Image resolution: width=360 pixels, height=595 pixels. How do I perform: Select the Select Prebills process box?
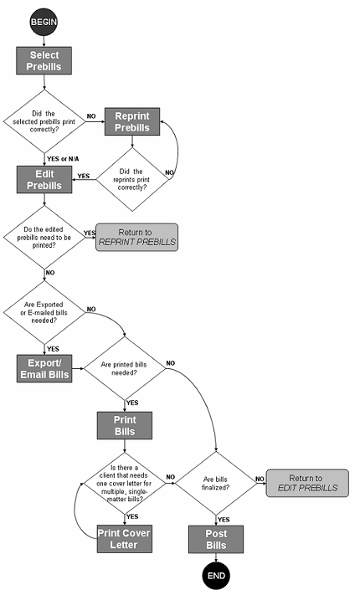pyautogui.click(x=44, y=60)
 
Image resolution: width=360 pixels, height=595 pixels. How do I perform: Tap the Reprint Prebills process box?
pyautogui.click(x=131, y=122)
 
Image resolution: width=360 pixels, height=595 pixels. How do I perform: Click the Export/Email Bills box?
pyautogui.click(x=44, y=367)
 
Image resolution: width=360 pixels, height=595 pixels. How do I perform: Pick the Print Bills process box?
pyautogui.click(x=124, y=424)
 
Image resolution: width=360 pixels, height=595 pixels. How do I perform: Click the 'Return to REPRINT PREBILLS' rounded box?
pyautogui.click(x=136, y=237)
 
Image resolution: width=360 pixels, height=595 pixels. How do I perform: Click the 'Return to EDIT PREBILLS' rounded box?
pyautogui.click(x=307, y=484)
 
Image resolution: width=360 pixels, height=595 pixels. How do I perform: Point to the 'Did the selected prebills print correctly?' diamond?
pyautogui.click(x=44, y=121)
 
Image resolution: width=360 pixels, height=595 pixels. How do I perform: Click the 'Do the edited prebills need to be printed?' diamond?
pyautogui.click(x=44, y=237)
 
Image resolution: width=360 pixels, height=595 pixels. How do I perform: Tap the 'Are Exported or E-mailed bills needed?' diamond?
pyautogui.click(x=44, y=314)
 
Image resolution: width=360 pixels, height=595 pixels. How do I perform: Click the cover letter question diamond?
pyautogui.click(x=124, y=483)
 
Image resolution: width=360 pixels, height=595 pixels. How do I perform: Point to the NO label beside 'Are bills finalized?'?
pyautogui.click(x=260, y=478)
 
